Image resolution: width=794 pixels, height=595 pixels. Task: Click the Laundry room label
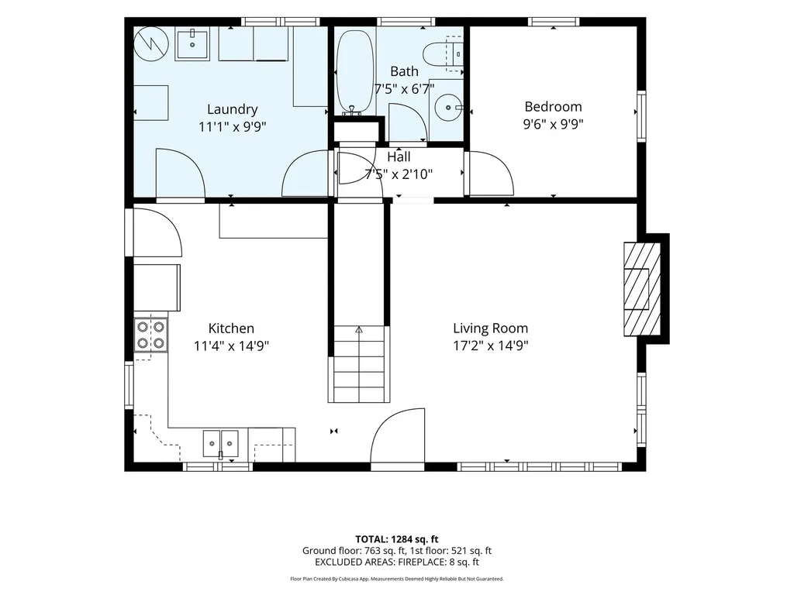233,109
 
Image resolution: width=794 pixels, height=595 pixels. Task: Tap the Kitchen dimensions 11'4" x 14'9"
231,346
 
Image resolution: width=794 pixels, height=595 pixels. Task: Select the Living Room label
491,328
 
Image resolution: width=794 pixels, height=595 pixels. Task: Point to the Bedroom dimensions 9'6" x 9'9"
553,124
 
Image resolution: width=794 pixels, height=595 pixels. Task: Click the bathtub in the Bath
354,71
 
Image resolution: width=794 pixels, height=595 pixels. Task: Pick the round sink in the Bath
449,108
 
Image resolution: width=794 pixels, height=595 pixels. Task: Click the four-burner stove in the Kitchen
151,335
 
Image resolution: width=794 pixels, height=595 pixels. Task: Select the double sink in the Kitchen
221,444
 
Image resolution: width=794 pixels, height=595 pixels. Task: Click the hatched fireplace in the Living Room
641,289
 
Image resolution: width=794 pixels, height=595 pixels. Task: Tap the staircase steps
359,364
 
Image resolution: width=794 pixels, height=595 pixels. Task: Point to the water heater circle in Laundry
151,43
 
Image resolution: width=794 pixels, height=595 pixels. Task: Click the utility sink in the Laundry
192,44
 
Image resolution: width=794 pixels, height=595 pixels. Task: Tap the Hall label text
399,156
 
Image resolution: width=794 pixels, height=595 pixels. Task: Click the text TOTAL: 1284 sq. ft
396,539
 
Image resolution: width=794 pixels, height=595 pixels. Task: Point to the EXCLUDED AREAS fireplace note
396,562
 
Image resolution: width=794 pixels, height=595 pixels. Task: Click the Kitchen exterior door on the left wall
154,232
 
